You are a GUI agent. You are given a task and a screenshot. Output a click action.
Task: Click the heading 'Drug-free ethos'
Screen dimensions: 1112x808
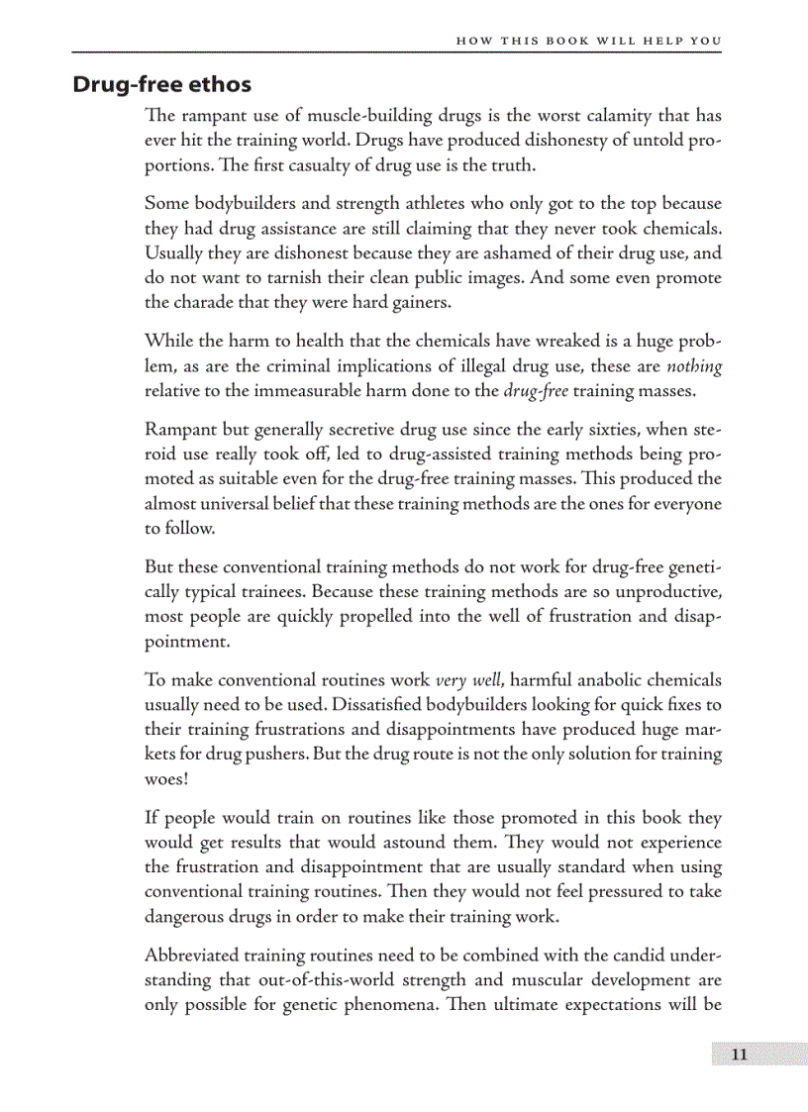click(161, 84)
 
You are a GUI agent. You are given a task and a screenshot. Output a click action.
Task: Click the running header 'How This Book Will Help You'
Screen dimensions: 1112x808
click(588, 41)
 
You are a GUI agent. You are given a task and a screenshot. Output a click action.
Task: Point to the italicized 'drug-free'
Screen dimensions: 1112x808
click(536, 390)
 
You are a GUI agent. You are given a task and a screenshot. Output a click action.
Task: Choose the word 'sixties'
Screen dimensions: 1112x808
click(553, 431)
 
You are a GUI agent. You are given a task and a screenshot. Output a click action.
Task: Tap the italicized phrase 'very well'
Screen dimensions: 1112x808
click(470, 680)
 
